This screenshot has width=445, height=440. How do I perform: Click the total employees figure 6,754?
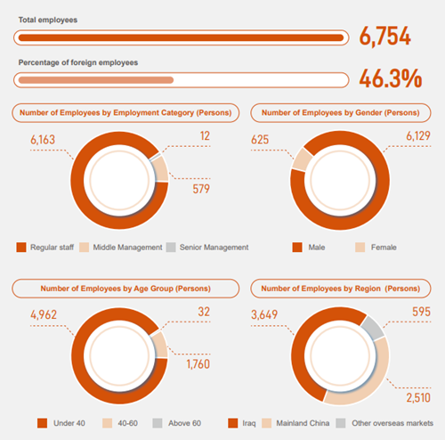(385, 37)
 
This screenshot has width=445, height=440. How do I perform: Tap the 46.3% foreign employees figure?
(391, 79)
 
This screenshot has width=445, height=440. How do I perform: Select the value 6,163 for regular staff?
(43, 140)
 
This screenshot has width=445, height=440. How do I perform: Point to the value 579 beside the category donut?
(201, 189)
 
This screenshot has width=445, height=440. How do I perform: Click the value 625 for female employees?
(260, 140)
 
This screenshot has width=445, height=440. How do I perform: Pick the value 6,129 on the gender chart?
(418, 136)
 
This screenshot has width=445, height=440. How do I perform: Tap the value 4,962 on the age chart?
(44, 314)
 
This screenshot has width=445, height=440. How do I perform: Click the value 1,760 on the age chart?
(198, 364)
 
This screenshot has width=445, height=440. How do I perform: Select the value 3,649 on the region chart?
(264, 314)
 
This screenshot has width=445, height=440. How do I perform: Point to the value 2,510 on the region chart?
(418, 398)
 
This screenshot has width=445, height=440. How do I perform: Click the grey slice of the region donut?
(373, 328)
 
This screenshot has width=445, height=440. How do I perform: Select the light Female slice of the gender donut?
(302, 159)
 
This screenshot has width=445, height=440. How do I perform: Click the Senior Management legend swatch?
(171, 248)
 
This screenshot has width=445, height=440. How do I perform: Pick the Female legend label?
(384, 248)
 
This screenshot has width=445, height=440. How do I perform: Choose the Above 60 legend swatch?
(158, 423)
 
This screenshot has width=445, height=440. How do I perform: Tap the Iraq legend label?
(249, 423)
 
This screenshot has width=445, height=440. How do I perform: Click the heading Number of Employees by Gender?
(341, 113)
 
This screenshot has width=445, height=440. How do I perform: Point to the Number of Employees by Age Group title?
(125, 289)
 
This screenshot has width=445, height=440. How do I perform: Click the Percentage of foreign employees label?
(78, 62)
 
